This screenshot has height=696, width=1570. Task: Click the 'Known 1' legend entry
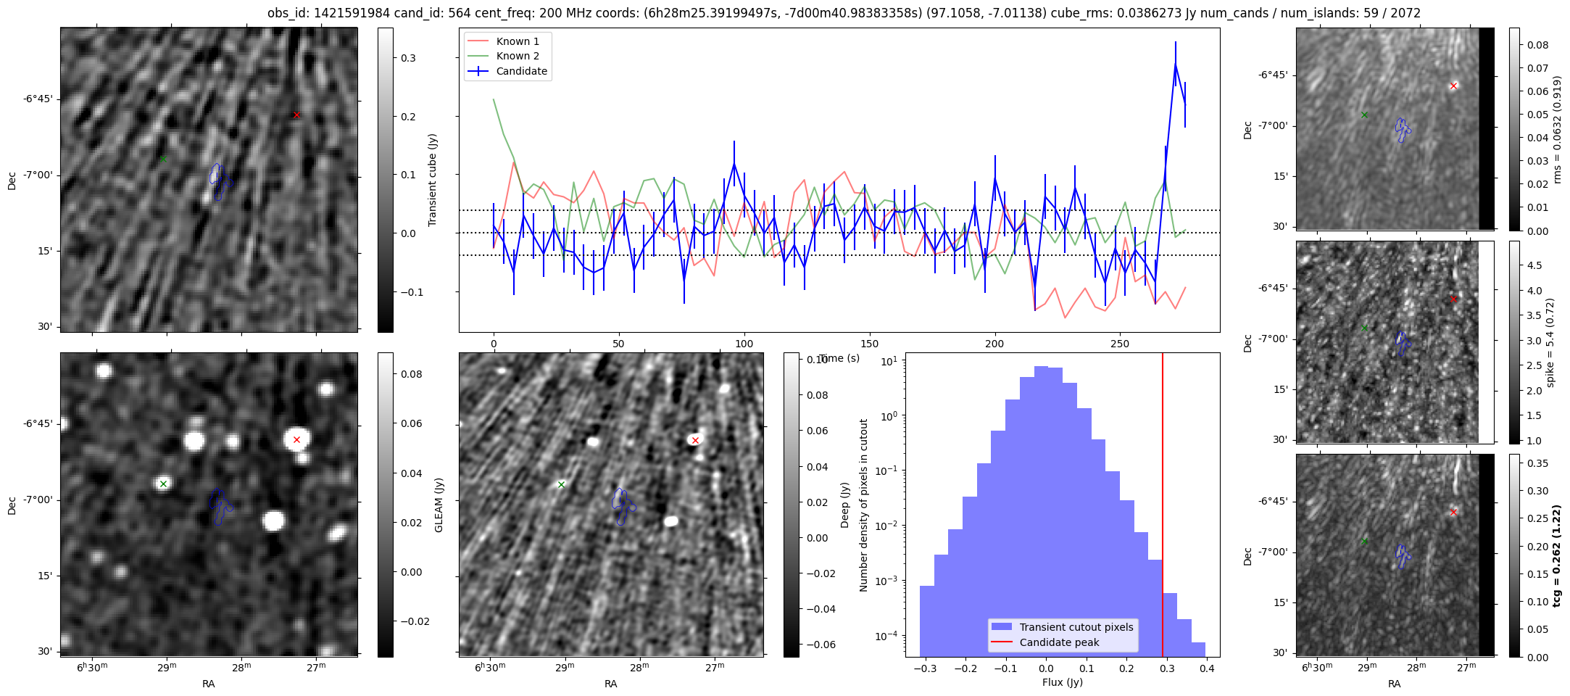[x=517, y=41]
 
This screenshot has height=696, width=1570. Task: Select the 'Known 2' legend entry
[x=517, y=56]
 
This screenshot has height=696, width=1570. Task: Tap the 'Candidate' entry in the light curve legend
[x=521, y=71]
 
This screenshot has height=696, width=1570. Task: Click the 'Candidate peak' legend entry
[x=1059, y=642]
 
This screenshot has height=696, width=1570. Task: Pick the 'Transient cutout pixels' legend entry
[x=1076, y=627]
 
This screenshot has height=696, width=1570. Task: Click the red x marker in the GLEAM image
[x=296, y=439]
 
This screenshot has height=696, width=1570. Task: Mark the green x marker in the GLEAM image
[x=163, y=484]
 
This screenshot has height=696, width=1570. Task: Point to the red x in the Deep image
[x=695, y=440]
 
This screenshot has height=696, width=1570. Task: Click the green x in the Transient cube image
[x=163, y=158]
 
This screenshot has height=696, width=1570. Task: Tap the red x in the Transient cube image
[x=296, y=115]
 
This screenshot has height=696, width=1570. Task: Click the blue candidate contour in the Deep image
[x=620, y=506]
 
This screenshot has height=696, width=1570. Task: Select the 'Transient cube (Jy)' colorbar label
[x=433, y=180]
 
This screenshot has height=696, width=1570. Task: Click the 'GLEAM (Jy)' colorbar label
[x=439, y=505]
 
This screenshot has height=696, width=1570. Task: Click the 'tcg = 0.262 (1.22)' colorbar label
[x=1556, y=555]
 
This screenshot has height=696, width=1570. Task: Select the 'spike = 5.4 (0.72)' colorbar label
[x=1550, y=342]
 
